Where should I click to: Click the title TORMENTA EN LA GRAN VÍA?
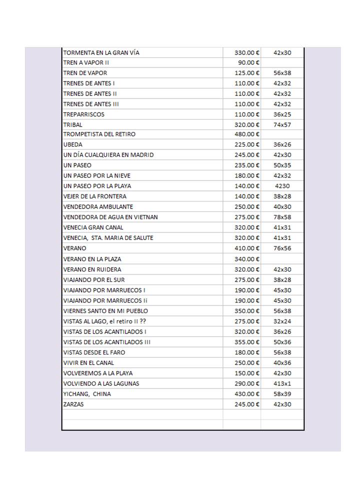[x=104, y=52]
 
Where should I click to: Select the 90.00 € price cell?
[x=247, y=63]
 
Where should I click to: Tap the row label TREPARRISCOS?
[x=83, y=114]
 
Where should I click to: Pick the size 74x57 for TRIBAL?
[x=282, y=125]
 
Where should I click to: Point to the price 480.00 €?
[x=247, y=134]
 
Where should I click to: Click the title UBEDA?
[x=73, y=144]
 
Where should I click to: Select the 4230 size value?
[x=282, y=186]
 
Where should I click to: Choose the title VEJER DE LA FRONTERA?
[x=94, y=196]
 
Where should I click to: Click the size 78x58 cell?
[x=282, y=217]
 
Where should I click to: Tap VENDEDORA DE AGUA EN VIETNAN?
[x=110, y=217]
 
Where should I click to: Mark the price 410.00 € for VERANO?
[x=247, y=248]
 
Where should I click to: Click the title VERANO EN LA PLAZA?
[x=92, y=259]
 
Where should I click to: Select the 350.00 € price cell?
[x=247, y=311]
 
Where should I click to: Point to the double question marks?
[x=143, y=321]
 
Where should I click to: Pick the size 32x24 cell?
[x=282, y=321]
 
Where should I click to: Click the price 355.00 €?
[x=247, y=342]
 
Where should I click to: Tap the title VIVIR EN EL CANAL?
[x=88, y=363]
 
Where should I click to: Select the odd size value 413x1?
[x=282, y=383]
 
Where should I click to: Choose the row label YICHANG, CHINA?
[x=87, y=394]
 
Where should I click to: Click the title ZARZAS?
[x=73, y=404]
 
